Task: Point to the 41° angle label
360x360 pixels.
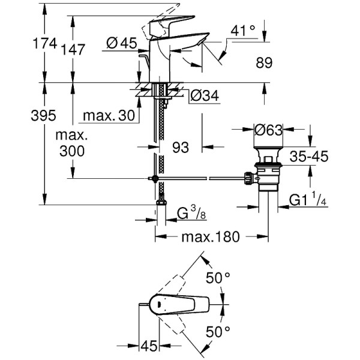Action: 244,29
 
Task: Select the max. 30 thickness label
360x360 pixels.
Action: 109,115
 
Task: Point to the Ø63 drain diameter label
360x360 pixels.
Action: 268,130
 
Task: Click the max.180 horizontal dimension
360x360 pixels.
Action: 210,236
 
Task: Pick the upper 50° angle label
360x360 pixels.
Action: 218,277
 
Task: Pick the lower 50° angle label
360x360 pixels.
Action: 218,331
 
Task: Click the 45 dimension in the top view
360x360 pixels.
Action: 149,347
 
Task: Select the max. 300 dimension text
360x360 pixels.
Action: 73,143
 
